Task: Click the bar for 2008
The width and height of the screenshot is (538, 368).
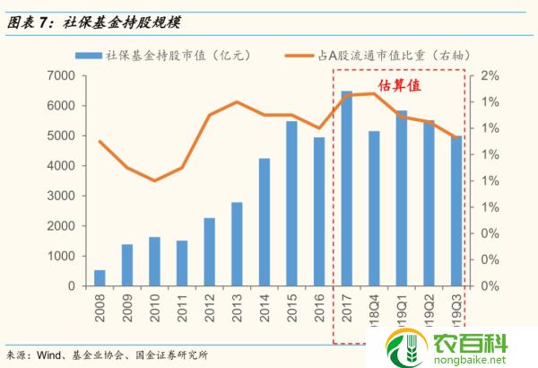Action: coord(100,277)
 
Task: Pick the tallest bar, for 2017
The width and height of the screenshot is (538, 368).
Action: coord(346,188)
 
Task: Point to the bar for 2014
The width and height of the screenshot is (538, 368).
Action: coord(265,222)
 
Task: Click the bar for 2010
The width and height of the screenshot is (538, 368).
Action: coord(154,261)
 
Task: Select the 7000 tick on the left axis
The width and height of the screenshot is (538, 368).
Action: coord(64,75)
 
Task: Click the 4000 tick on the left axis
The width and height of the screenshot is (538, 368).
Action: coord(64,166)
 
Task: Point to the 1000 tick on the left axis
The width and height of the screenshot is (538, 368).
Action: coord(64,256)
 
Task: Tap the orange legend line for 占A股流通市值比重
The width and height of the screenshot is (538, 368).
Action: coord(308,56)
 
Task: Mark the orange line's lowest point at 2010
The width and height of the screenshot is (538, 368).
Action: coord(154,180)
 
